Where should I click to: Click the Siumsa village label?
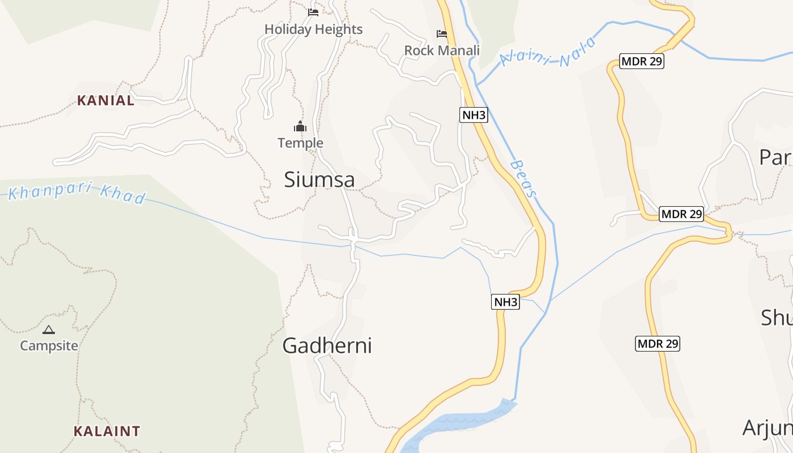pos(319,180)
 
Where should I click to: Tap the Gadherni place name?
pos(327,345)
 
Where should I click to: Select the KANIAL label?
pos(106,101)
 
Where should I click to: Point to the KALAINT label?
pos(106,431)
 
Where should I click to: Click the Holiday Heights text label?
pos(313,29)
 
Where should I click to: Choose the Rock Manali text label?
pos(442,50)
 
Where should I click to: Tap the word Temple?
pos(300,143)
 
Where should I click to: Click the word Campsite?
pos(49,345)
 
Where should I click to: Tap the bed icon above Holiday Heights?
pos(313,12)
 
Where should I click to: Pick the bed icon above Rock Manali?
pos(442,34)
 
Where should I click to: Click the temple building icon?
pos(300,126)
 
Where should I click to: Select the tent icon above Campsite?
pos(49,330)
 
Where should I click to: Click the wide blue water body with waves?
pos(459,422)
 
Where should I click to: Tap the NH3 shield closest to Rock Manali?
pos(474,116)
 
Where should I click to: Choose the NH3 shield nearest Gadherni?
pos(505,302)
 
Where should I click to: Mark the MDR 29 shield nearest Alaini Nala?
pos(641,61)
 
